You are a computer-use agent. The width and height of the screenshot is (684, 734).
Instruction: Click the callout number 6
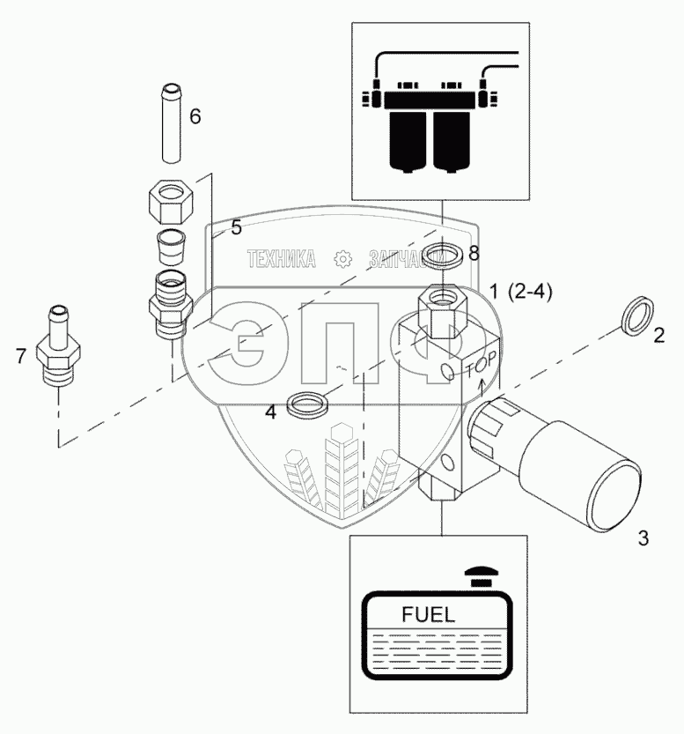[195, 115]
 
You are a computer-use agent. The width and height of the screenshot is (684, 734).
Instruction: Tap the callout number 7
[21, 355]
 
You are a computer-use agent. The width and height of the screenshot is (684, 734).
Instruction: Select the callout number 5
[236, 227]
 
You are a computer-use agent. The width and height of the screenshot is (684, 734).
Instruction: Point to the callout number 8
[474, 254]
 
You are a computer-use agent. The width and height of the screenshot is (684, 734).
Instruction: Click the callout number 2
[658, 334]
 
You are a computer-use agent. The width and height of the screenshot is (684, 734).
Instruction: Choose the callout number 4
[271, 411]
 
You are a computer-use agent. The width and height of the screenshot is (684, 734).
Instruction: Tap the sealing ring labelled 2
[638, 315]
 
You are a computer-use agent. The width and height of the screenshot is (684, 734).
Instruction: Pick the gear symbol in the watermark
[343, 259]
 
